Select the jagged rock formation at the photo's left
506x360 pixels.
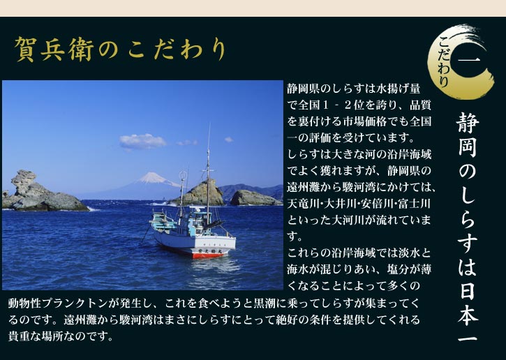[x=27, y=188]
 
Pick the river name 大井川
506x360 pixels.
[x=342, y=203]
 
